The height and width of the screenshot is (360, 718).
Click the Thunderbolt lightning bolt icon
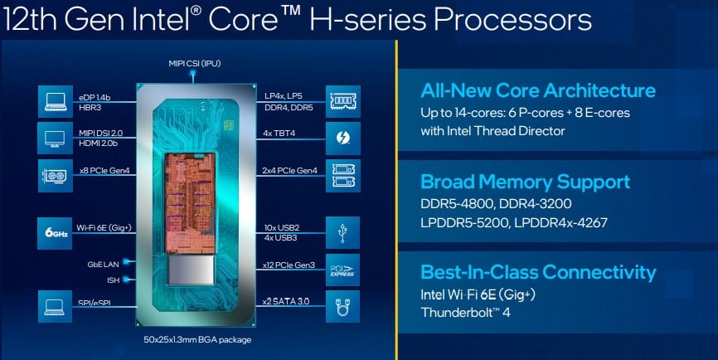click(343, 138)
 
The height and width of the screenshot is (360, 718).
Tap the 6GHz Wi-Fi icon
click(55, 233)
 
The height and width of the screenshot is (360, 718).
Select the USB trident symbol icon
click(343, 233)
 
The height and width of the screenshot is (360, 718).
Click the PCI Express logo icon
click(343, 270)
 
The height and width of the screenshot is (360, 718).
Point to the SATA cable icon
click(343, 306)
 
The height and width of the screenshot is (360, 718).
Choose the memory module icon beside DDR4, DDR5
click(343, 101)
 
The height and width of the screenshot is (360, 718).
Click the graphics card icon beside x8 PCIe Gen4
click(55, 176)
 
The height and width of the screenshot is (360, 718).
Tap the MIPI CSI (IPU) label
click(195, 64)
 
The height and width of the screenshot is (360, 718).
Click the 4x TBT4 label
click(279, 134)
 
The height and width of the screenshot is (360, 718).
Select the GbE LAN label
click(103, 265)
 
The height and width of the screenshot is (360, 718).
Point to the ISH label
click(113, 280)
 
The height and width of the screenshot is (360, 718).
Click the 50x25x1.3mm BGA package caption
click(197, 340)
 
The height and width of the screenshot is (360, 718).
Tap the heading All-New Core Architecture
click(538, 90)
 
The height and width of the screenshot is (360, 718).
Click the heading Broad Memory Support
click(525, 182)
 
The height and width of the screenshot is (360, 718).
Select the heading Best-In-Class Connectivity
click(538, 272)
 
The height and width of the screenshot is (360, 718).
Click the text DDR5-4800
click(457, 203)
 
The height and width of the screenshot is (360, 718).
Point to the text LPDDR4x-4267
click(561, 222)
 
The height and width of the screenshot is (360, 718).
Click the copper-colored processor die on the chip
click(190, 203)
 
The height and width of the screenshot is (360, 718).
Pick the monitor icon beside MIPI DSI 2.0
click(55, 138)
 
